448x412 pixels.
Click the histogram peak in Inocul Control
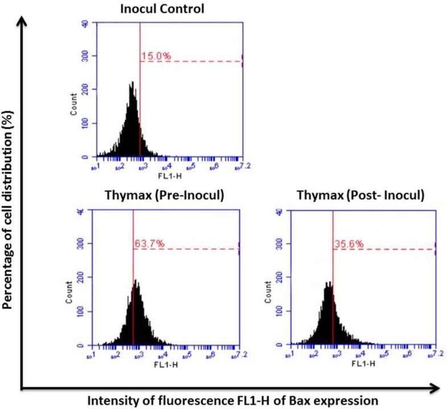point(131,83)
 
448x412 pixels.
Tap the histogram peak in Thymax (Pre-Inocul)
point(135,281)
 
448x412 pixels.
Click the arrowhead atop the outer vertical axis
point(22,22)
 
